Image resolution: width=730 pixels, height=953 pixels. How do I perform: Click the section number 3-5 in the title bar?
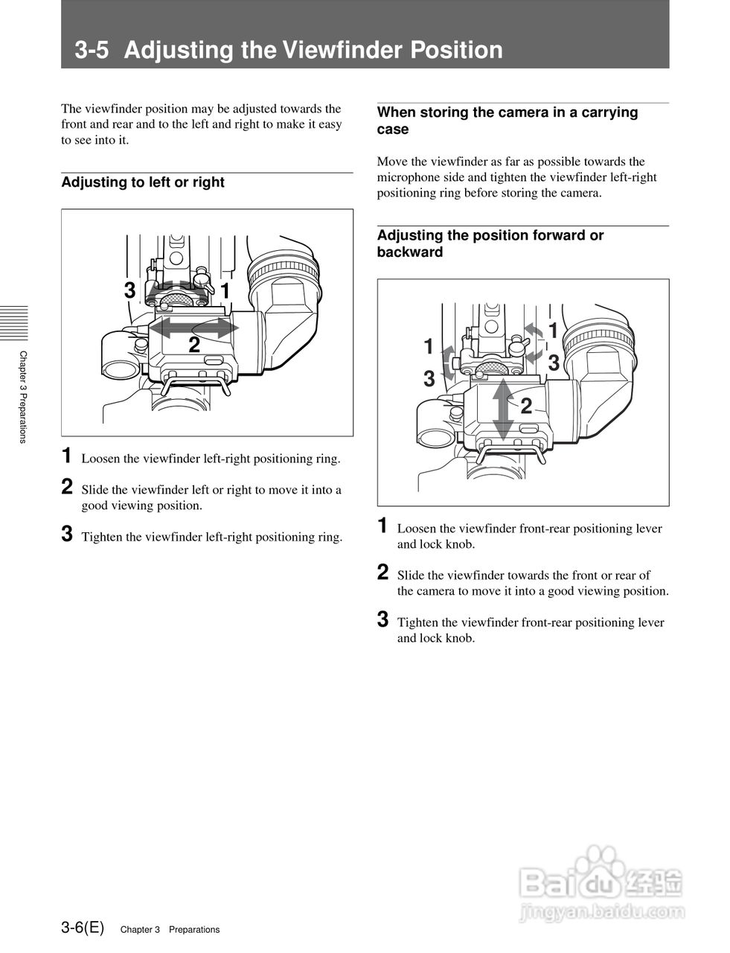[92, 50]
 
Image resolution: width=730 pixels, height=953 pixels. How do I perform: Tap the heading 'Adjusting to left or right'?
[143, 182]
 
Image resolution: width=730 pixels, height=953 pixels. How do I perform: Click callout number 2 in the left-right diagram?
[193, 345]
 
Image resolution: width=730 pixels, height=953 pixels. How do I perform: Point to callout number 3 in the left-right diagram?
[130, 290]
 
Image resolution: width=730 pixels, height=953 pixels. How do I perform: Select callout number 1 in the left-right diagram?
[225, 290]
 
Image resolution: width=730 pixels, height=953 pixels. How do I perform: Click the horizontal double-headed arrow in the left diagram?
[193, 326]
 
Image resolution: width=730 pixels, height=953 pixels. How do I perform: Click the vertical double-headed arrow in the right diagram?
[504, 409]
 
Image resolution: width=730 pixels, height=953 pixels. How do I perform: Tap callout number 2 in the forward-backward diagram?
[526, 407]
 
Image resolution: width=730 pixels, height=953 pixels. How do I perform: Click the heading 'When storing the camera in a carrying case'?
[508, 121]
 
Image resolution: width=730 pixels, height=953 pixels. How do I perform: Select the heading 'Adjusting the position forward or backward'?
[490, 243]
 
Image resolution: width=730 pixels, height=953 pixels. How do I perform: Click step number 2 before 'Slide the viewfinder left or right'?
[67, 488]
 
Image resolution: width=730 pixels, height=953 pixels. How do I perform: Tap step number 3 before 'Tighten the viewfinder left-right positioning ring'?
[67, 535]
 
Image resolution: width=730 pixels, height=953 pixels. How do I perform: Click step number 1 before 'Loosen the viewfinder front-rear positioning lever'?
[382, 526]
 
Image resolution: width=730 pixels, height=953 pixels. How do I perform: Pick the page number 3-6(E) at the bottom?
[83, 928]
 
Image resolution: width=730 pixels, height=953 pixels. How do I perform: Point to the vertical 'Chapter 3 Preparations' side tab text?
[23, 397]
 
